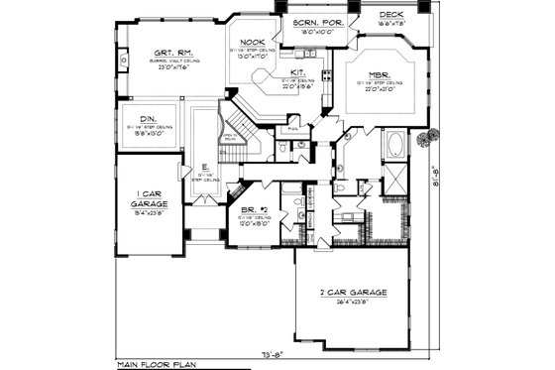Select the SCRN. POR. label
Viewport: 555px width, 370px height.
315,22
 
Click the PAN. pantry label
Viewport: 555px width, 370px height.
292,128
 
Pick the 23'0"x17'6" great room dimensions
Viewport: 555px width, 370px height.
172,66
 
